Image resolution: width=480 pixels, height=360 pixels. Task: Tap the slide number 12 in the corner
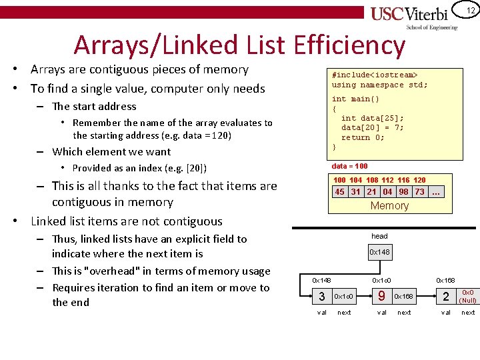click(x=470, y=10)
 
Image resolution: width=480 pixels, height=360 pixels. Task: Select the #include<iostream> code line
click(x=375, y=75)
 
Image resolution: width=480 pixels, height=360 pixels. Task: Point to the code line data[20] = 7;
click(x=372, y=128)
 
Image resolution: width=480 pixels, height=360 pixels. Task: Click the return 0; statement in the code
click(x=363, y=137)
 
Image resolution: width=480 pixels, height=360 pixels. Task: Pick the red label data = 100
click(x=349, y=166)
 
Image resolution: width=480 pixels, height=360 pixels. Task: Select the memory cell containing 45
click(x=340, y=192)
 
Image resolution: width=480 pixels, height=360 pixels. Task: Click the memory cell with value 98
click(x=404, y=192)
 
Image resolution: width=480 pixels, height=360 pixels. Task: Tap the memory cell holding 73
click(x=419, y=192)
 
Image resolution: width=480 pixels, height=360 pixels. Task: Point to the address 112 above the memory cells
click(x=388, y=180)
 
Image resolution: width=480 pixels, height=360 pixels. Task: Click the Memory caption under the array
click(x=389, y=205)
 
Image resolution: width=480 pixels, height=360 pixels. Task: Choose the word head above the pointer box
click(x=379, y=236)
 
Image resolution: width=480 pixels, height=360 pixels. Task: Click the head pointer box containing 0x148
click(x=379, y=252)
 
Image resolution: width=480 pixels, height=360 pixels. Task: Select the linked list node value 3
click(x=322, y=296)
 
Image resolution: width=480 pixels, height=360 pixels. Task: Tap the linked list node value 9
click(x=381, y=295)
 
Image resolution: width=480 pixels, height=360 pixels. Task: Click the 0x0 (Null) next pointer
click(x=467, y=296)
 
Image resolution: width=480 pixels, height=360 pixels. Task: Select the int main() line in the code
click(x=355, y=99)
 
